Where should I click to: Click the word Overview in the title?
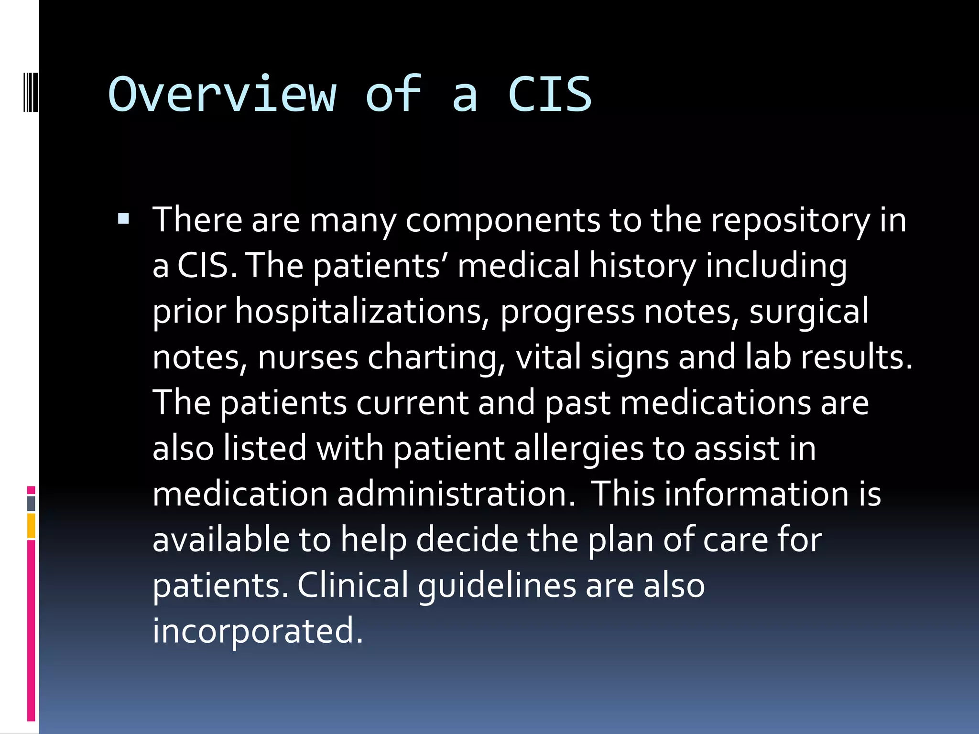coord(222,94)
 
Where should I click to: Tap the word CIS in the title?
coord(550,94)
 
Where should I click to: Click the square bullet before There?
coord(123,219)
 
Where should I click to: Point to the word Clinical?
coord(353,585)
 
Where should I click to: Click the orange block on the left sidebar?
coord(31,526)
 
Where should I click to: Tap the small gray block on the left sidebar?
coord(31,503)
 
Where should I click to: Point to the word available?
coord(221,540)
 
